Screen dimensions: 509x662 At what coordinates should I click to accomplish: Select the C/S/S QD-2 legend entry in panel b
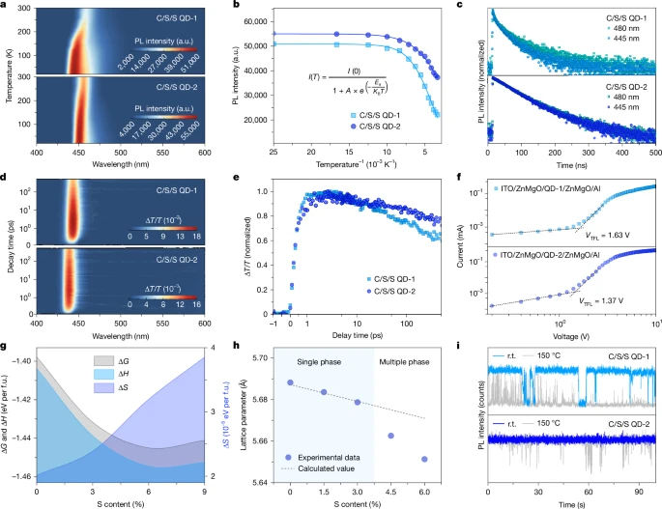click(381, 126)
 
